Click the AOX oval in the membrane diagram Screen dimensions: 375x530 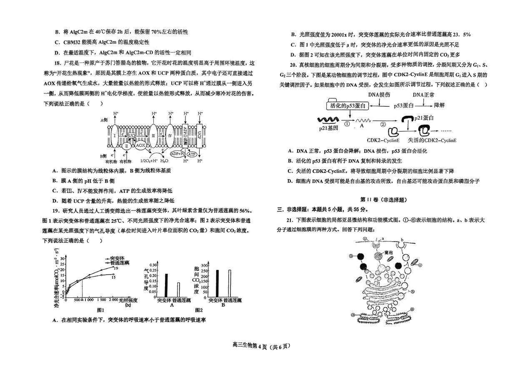coord(141,145)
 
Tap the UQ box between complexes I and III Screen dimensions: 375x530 coord(132,135)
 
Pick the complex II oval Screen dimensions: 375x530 coord(125,145)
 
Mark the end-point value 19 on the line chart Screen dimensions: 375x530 coord(116,268)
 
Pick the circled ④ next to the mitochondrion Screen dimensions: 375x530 coord(420,265)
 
